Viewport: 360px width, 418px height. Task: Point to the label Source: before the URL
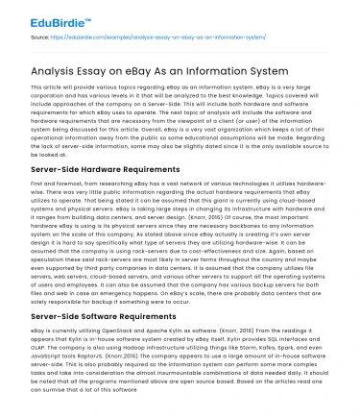tap(41, 37)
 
